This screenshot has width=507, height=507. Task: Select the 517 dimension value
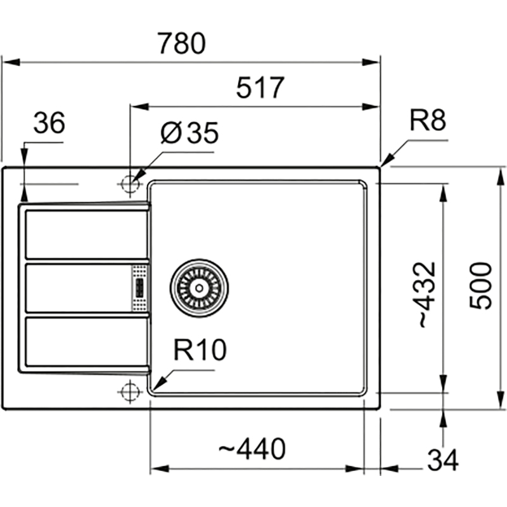(x=259, y=88)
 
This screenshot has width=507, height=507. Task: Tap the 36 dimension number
(x=49, y=124)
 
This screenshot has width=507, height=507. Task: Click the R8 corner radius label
(x=428, y=120)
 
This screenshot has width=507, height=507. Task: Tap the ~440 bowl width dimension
(x=252, y=450)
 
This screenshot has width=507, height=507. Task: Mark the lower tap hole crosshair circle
(x=129, y=392)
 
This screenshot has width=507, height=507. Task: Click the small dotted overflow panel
(x=139, y=288)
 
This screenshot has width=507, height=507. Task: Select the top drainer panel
(x=86, y=234)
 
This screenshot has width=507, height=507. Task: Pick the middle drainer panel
(x=77, y=288)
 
